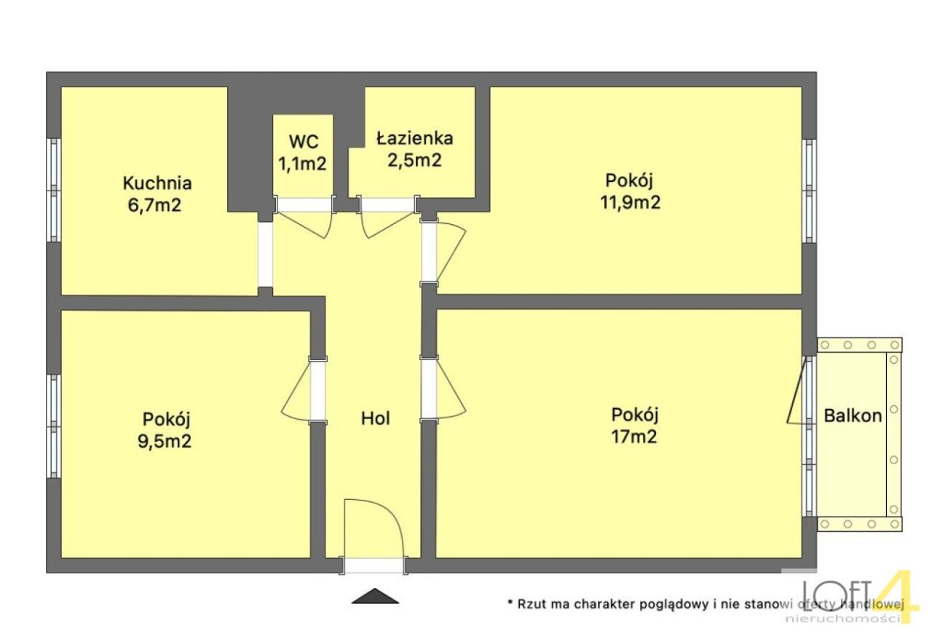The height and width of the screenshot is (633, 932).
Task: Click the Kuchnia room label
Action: pos(157,183)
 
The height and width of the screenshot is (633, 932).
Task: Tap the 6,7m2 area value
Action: pos(154,205)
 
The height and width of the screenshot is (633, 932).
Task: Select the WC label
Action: pos(304,142)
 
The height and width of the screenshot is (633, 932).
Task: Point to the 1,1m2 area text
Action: pos(302,164)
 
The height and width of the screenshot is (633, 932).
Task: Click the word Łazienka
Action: pos(415,138)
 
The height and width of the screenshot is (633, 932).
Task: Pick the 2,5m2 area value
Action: pos(414,160)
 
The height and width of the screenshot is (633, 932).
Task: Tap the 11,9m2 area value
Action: pos(630,202)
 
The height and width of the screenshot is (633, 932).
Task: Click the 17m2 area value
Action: pos(634,437)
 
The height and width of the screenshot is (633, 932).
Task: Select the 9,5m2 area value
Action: pos(165,441)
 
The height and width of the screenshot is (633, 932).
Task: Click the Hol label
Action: pos(375,419)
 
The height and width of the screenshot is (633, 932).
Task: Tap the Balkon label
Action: pos(853,416)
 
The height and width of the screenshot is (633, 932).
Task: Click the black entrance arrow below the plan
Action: pos(375,596)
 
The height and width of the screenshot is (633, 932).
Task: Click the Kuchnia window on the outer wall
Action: pos(54,190)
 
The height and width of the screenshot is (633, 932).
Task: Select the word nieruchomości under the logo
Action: pos(844,619)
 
